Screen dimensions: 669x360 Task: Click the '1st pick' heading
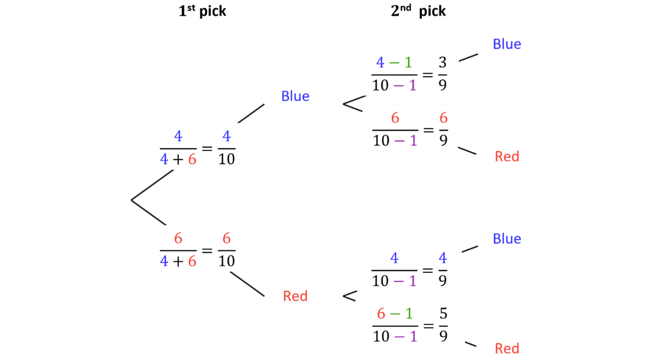pos(202,11)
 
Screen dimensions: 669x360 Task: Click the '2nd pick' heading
pos(418,11)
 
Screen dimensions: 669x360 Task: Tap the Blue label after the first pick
pos(295,96)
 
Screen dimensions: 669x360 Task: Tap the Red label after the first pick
pos(295,296)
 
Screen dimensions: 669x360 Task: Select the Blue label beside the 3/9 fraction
pos(507,44)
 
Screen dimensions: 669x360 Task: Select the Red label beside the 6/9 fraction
pos(507,156)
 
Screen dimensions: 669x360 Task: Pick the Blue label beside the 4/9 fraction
pos(507,239)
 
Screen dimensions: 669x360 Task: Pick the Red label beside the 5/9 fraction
pos(507,349)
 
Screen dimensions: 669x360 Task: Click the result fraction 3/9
pos(443,74)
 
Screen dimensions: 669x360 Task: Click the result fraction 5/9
pos(444,325)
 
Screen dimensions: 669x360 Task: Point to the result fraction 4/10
pos(226,148)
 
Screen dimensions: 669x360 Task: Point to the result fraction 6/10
pos(226,250)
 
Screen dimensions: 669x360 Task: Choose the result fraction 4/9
pos(443,269)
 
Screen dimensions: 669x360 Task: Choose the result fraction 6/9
pos(444,129)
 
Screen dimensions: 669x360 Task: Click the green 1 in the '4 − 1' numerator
pos(408,63)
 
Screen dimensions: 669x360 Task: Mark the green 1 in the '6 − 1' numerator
pos(409,313)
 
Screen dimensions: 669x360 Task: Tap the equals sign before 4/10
pos(207,148)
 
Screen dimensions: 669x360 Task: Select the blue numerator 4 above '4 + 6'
pos(178,136)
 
